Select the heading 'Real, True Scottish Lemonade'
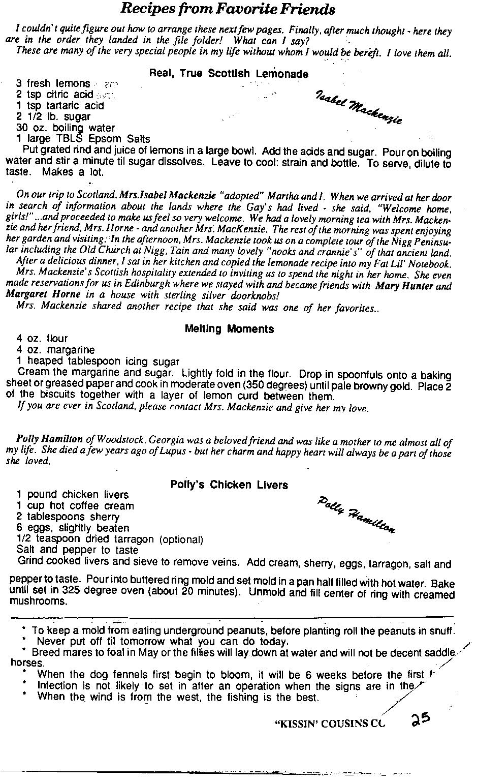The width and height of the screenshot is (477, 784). [229, 73]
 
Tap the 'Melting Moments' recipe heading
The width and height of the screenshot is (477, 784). [229, 329]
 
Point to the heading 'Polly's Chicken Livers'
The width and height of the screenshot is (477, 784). [229, 485]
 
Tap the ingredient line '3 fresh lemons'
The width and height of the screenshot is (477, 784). [53, 83]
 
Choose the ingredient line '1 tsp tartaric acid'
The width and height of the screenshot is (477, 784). [60, 106]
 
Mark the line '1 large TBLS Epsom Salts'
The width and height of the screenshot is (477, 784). [83, 139]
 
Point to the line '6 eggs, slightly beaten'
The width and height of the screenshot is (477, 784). [73, 528]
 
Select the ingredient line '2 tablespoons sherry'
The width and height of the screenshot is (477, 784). [68, 517]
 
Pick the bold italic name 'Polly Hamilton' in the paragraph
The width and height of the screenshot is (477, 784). [50, 439]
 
